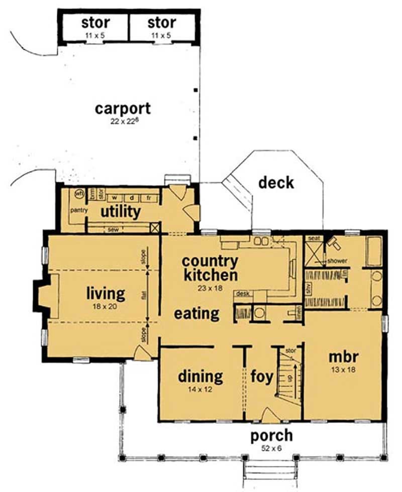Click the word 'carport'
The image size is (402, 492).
click(123, 108)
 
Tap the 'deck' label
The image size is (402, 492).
click(276, 183)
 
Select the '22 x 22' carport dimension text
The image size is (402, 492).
click(123, 120)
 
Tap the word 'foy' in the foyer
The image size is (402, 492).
click(261, 377)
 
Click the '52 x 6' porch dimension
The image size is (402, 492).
click(271, 447)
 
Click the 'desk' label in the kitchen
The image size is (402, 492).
click(243, 294)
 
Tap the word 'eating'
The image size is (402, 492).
click(196, 314)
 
